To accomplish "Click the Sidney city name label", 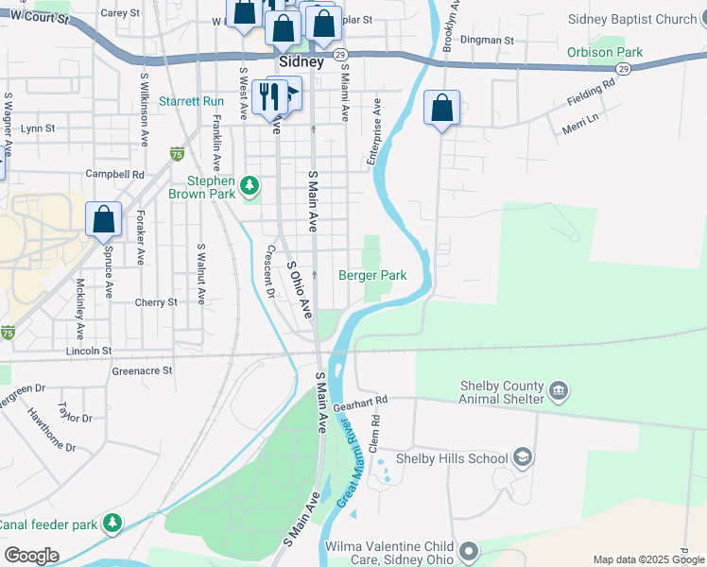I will tap(301, 61).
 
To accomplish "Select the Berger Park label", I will tap(372, 275).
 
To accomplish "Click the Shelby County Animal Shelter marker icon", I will tap(559, 390).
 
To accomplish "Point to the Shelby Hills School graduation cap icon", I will tap(522, 458).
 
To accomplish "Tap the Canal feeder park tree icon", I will tap(112, 523).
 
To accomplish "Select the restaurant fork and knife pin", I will tap(271, 96).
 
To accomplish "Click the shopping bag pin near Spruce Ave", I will tap(104, 219).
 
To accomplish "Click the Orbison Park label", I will tap(604, 52).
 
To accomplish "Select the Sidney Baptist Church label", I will tap(632, 19).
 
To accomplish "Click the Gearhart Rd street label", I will tap(368, 401).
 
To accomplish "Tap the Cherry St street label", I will tap(156, 302).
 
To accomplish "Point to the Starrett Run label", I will tap(191, 101).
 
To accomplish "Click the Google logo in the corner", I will tap(30, 556).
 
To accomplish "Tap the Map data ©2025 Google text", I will tap(648, 559).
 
